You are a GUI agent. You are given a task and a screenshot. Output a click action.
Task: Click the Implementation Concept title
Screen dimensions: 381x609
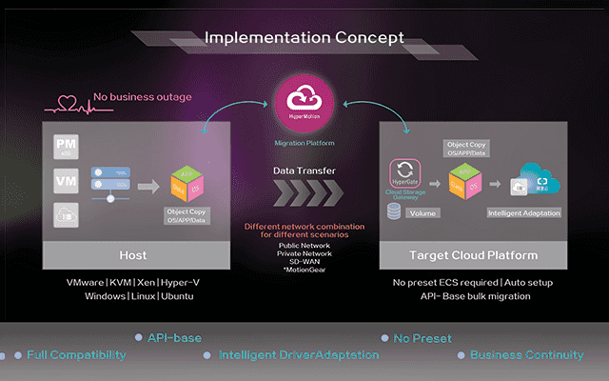point(304,37)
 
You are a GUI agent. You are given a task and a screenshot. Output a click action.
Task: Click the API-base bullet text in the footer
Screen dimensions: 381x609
point(177,338)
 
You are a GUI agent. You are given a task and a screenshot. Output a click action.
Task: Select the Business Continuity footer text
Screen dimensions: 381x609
point(527,355)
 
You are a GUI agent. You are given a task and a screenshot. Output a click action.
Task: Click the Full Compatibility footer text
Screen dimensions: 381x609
point(76,355)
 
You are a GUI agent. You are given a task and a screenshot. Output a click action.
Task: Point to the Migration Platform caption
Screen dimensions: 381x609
point(304,143)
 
